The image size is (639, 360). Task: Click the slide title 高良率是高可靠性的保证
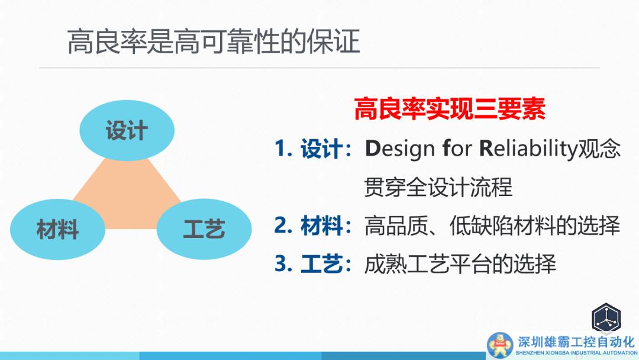(214, 41)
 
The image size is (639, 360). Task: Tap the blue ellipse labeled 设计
(127, 130)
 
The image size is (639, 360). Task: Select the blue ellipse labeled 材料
(57, 229)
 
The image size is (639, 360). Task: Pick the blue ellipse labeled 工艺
(204, 229)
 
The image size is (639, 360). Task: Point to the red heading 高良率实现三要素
(450, 108)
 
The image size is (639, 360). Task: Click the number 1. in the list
(283, 148)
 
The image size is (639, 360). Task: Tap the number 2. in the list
(283, 225)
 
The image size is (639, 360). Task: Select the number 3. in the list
(283, 263)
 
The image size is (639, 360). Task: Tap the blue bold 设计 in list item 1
(321, 149)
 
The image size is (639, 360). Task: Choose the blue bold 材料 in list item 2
(321, 226)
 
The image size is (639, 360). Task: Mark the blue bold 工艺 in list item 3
(321, 263)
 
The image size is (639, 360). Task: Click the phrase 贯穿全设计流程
(438, 187)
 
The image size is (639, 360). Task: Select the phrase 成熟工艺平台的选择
(460, 263)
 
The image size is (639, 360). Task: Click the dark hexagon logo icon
(606, 319)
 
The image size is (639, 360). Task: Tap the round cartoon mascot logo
(499, 345)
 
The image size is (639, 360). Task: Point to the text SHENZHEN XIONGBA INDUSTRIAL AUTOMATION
(576, 353)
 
